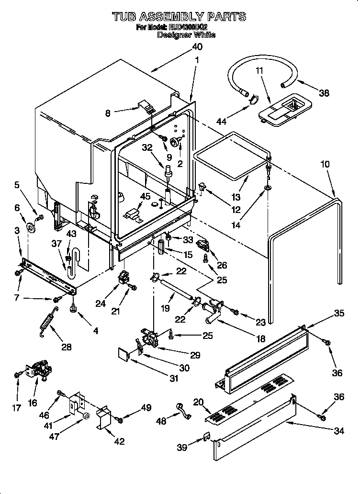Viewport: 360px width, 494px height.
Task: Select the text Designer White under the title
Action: point(186,35)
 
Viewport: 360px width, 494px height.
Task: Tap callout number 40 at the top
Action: point(197,47)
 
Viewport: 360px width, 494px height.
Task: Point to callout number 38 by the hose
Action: point(324,93)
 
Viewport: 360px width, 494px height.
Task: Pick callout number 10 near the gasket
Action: point(325,164)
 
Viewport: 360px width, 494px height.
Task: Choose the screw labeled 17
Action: point(17,374)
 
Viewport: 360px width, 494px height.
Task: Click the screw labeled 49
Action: point(120,420)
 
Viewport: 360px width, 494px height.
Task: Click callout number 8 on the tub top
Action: point(107,112)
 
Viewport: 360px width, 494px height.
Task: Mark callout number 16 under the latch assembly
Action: point(32,403)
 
